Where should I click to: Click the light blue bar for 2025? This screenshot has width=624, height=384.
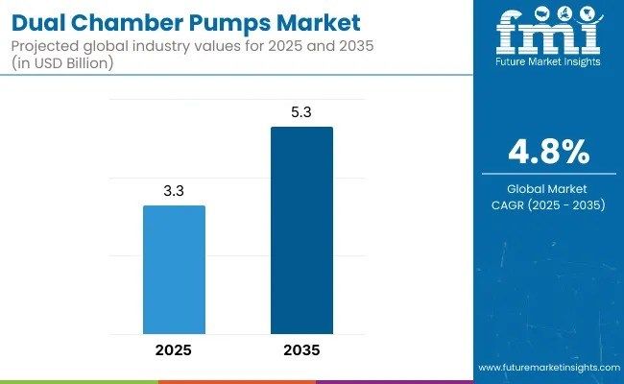tap(174, 270)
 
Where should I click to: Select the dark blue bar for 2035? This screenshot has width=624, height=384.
tap(301, 230)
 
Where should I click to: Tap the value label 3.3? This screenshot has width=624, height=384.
tap(174, 192)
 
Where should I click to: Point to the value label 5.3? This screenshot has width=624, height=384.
tap(301, 113)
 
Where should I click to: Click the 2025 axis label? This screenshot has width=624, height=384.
tap(174, 350)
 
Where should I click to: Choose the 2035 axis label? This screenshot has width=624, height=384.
tap(301, 350)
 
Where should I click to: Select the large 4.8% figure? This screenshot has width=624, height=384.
tap(547, 152)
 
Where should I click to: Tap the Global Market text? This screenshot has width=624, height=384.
tap(547, 188)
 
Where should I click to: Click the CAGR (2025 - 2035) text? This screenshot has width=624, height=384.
tap(547, 204)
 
